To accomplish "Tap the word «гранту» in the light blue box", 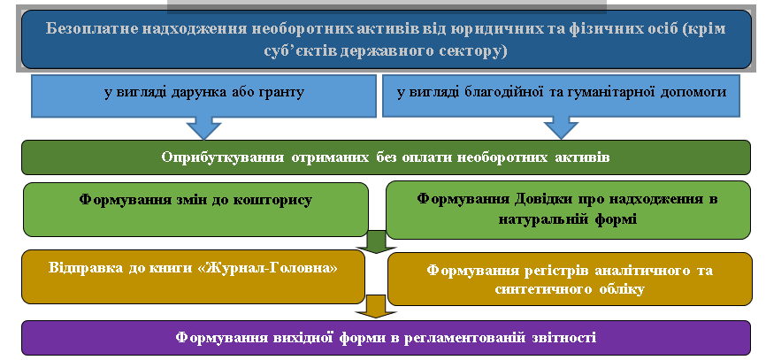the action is [x=283, y=93].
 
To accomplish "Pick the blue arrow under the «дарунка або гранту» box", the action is [x=203, y=127].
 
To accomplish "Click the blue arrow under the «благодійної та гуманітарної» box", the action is [x=561, y=127].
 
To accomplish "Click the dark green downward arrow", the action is [x=377, y=241].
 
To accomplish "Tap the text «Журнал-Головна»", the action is [x=273, y=268].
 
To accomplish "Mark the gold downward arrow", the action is [x=375, y=307].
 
